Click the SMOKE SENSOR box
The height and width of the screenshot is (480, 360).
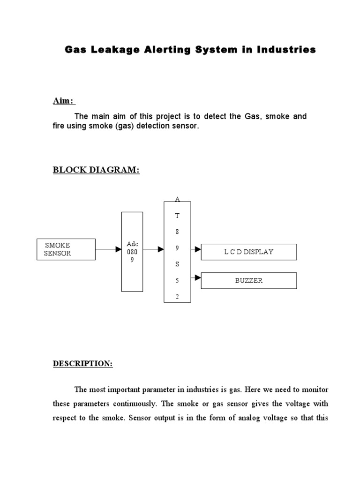click(66, 249)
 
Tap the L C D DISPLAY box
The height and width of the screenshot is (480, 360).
click(249, 252)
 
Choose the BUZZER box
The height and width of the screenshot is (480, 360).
click(249, 281)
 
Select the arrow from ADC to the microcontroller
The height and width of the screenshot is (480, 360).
click(154, 249)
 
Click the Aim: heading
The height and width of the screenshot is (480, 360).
click(63, 102)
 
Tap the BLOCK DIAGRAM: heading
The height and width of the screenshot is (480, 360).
click(96, 170)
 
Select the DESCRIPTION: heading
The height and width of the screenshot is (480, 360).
click(82, 363)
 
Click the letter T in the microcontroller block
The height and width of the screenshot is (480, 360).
click(177, 216)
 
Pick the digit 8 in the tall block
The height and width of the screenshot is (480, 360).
click(177, 232)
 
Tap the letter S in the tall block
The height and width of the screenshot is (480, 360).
click(177, 264)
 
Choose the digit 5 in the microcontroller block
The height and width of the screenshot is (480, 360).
click(177, 280)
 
